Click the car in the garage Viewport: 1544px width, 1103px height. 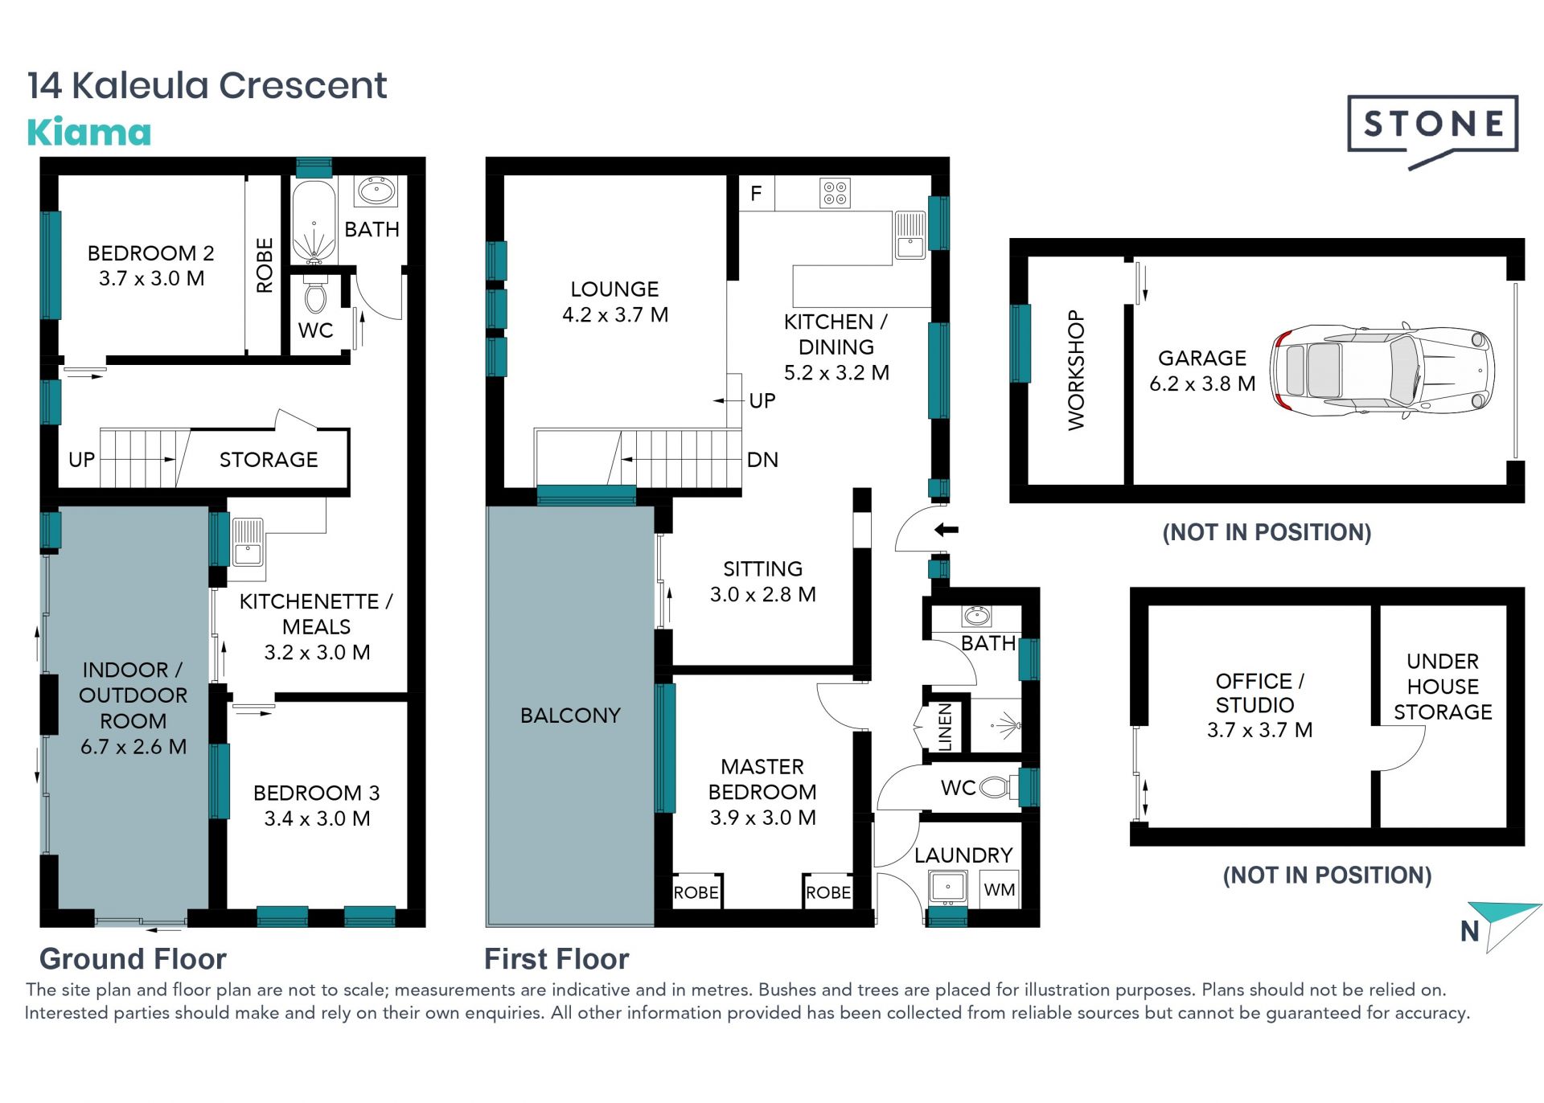pyautogui.click(x=1382, y=371)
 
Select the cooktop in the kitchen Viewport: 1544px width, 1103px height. pyautogui.click(x=835, y=193)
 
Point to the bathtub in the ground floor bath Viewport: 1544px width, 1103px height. pyautogui.click(x=314, y=222)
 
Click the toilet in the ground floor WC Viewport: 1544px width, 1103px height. pyautogui.click(x=316, y=295)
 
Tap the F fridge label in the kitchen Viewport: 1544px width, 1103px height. pyautogui.click(x=756, y=194)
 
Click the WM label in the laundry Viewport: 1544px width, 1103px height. pyautogui.click(x=1000, y=890)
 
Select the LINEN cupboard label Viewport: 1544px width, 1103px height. pyautogui.click(x=945, y=728)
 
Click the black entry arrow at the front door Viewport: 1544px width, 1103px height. pyautogui.click(x=947, y=530)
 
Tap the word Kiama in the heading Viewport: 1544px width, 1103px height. pyautogui.click(x=89, y=133)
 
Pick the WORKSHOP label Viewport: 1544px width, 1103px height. pyautogui.click(x=1076, y=371)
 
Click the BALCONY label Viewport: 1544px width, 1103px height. pyautogui.click(x=570, y=716)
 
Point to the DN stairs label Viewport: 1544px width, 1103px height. pyautogui.click(x=762, y=460)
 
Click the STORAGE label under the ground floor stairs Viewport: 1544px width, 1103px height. pyautogui.click(x=269, y=460)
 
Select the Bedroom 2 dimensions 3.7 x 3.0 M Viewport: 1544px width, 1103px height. pyautogui.click(x=151, y=279)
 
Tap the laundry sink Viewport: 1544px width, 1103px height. pyautogui.click(x=948, y=888)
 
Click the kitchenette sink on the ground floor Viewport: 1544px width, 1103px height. pyautogui.click(x=248, y=542)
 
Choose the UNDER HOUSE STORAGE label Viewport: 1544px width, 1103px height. pyautogui.click(x=1443, y=687)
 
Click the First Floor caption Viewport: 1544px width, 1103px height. pyautogui.click(x=556, y=959)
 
